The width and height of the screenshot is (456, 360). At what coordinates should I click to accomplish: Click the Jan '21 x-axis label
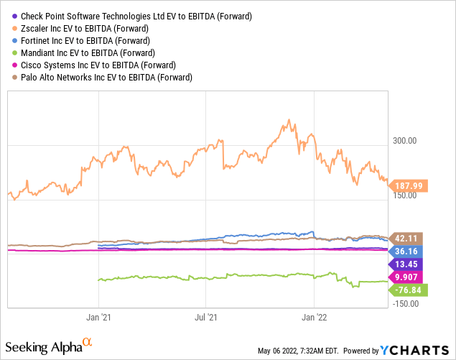pos(98,316)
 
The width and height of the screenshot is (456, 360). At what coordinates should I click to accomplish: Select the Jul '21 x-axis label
pos(206,316)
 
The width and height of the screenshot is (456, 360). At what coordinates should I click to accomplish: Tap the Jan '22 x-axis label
pos(315,316)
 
